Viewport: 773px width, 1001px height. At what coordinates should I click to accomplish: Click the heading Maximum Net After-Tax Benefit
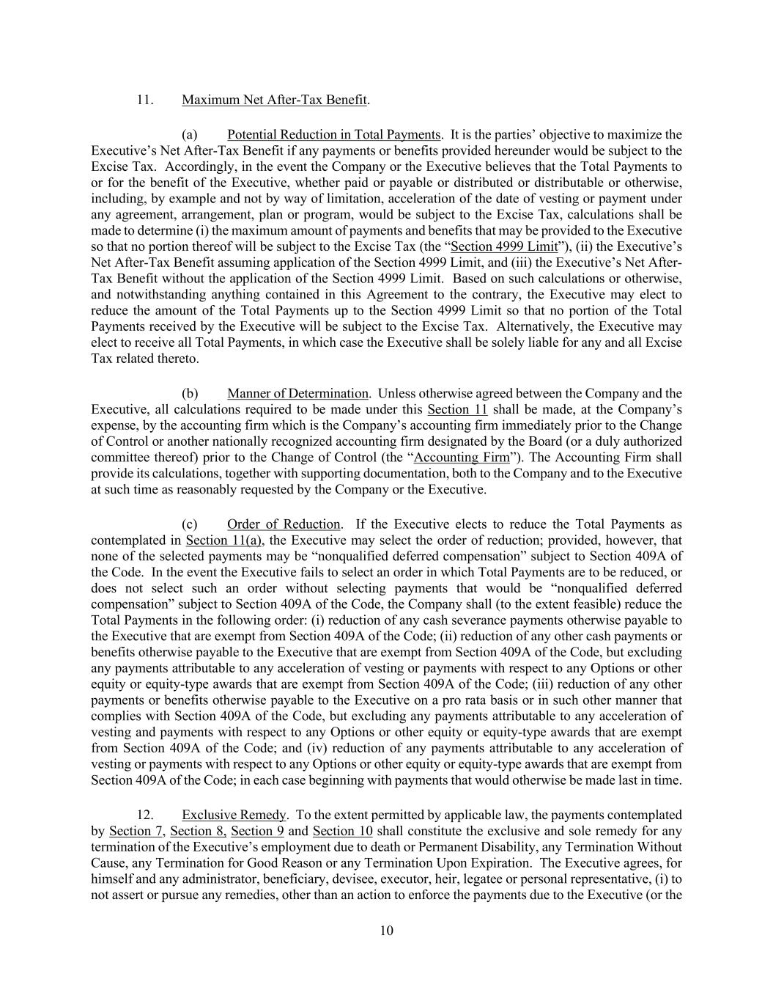[274, 99]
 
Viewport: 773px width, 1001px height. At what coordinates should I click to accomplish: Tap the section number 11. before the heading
[144, 99]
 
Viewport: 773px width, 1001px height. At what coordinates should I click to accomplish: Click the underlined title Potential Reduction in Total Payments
[333, 135]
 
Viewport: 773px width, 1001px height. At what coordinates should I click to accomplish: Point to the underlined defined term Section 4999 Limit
[504, 246]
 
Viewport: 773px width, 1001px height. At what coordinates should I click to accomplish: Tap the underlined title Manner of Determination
[297, 394]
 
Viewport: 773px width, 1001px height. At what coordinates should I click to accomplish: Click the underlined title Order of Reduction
[284, 524]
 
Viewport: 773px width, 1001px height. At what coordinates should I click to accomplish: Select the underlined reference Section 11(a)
[214, 540]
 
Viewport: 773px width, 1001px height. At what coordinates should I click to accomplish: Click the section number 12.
[144, 815]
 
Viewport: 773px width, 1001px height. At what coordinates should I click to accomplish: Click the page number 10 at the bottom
[387, 931]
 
